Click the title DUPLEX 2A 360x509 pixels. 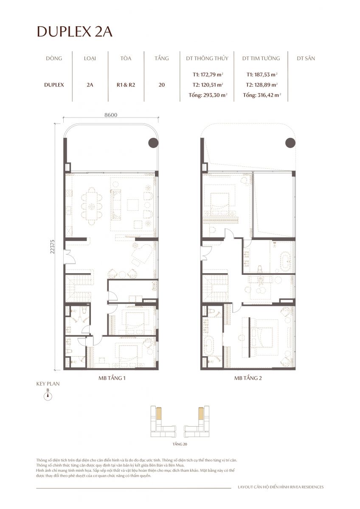point(75,32)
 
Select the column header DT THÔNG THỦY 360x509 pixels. point(207,59)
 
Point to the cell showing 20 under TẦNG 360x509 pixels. point(161,84)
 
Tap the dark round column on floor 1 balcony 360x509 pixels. point(153,143)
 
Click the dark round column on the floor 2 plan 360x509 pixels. point(290,143)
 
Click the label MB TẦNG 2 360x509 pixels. point(247,378)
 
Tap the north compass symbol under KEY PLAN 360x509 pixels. point(48,396)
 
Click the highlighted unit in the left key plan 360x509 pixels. point(159,414)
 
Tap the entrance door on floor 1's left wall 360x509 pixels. point(66,256)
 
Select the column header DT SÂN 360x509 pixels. point(306,59)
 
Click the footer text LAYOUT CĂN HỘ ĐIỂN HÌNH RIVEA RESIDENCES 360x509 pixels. point(280,487)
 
